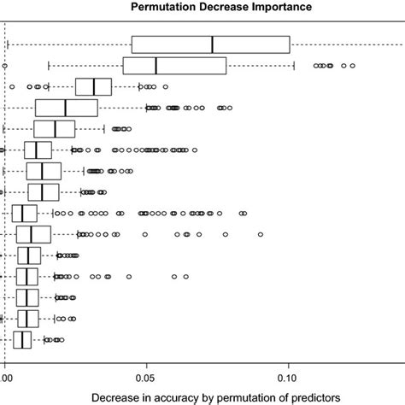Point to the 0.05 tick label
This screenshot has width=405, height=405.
point(146,374)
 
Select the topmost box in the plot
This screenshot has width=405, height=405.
point(211,44)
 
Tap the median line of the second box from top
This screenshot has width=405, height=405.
point(156,66)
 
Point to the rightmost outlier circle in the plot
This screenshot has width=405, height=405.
point(352,66)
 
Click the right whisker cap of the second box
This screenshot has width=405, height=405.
point(294,66)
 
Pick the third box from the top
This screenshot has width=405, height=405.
point(96,87)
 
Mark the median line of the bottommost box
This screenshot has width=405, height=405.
point(21,341)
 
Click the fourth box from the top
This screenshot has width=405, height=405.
point(67,109)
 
